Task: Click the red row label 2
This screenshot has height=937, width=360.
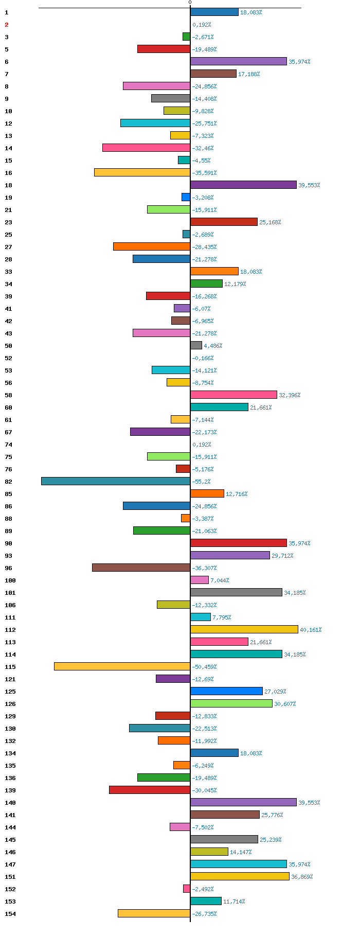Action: pyautogui.click(x=7, y=25)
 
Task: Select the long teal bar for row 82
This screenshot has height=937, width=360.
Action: pyautogui.click(x=116, y=482)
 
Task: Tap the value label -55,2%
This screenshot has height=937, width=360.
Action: pyautogui.click(x=201, y=482)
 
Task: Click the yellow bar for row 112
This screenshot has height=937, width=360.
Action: pyautogui.click(x=244, y=630)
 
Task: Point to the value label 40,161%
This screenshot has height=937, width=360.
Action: pyautogui.click(x=311, y=630)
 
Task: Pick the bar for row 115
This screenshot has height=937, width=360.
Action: pyautogui.click(x=122, y=667)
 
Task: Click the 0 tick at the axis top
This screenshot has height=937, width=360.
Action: pyautogui.click(x=190, y=3)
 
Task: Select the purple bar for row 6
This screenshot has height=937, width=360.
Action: pyautogui.click(x=239, y=62)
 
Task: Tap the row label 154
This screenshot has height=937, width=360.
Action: pyautogui.click(x=10, y=914)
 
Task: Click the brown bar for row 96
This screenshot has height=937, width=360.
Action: pyautogui.click(x=141, y=568)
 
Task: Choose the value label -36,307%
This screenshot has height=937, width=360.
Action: pyautogui.click(x=204, y=568)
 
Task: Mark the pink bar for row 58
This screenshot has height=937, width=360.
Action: pyautogui.click(x=233, y=395)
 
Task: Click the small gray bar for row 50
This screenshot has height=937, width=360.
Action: pyautogui.click(x=196, y=346)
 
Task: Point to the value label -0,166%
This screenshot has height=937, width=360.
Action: pyautogui.click(x=203, y=358)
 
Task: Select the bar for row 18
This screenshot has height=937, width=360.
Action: pyautogui.click(x=243, y=185)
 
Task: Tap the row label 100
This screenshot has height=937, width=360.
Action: pyautogui.click(x=10, y=580)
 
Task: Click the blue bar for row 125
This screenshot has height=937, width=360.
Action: pyautogui.click(x=226, y=692)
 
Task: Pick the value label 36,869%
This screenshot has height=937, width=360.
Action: pyautogui.click(x=302, y=877)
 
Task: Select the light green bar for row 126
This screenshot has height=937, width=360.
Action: pyautogui.click(x=231, y=704)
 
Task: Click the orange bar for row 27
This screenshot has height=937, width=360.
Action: pyautogui.click(x=152, y=247)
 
